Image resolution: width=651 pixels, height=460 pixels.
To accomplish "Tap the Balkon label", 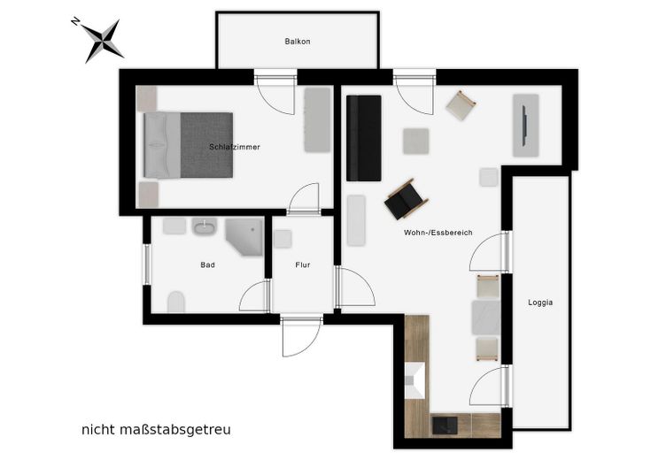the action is (298, 42).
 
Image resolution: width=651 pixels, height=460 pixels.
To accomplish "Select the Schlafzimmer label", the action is (235, 147).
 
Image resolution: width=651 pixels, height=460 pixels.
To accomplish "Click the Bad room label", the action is (207, 264).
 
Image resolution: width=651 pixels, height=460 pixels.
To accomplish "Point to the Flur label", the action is (303, 264).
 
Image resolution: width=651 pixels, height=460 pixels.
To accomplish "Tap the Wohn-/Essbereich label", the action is (438, 233).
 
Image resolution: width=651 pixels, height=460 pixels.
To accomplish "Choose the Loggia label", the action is (540, 303).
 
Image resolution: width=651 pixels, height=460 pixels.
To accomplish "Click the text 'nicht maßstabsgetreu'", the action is (156, 430).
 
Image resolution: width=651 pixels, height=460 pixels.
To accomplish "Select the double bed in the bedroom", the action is (188, 145).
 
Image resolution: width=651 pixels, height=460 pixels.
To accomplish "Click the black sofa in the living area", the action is (364, 138).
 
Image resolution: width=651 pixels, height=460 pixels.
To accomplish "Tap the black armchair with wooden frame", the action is (406, 200).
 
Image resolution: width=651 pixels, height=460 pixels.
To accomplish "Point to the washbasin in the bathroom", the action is (205, 226).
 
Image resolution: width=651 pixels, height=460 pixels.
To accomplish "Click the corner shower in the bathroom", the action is (244, 237).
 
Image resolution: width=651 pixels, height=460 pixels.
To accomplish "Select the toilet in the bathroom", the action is (176, 302).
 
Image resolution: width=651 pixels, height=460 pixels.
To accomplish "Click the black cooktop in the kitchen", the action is (445, 425).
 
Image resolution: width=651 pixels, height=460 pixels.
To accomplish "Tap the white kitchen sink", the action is (415, 380).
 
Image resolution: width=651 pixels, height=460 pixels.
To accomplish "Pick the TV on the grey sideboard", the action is (524, 126).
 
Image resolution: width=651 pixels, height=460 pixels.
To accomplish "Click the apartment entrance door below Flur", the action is (302, 337).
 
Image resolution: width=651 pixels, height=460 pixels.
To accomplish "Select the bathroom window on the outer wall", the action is (146, 264).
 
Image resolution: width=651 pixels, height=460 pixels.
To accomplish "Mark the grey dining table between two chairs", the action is (485, 318).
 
